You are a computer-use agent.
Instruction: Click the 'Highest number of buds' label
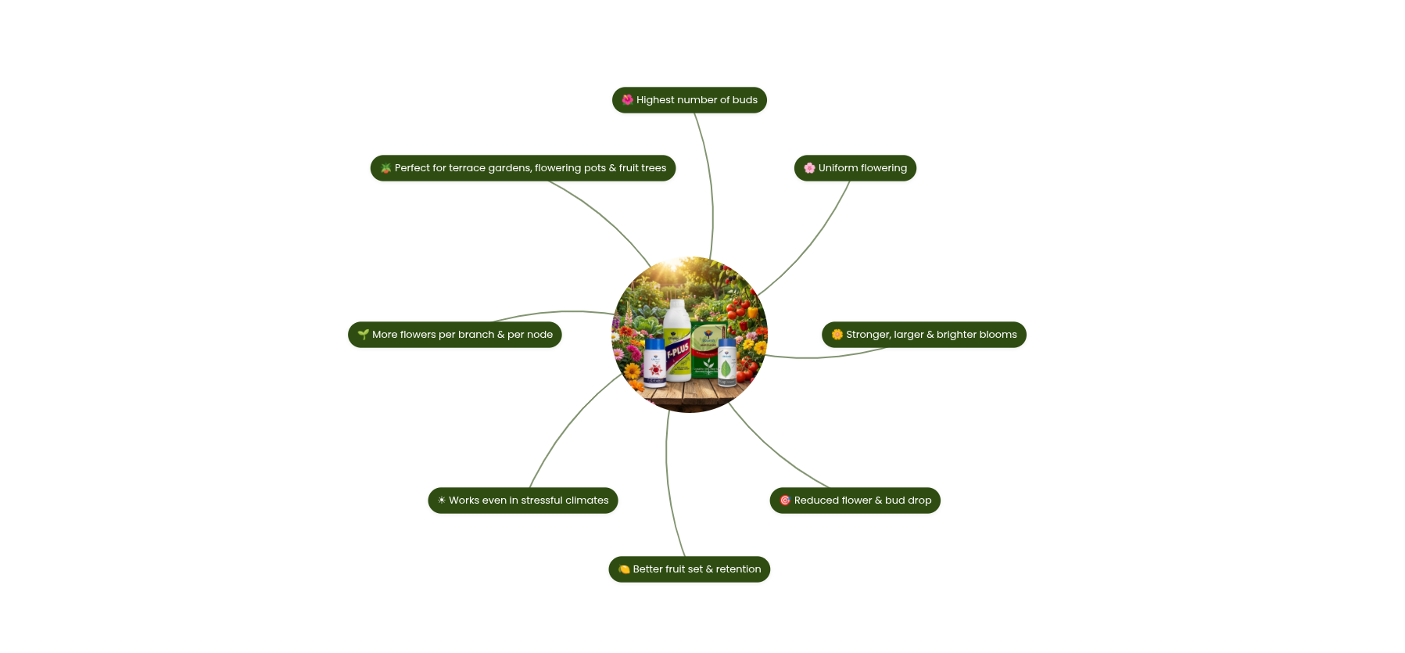tap(689, 100)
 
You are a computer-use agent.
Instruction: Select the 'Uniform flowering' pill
tap(855, 168)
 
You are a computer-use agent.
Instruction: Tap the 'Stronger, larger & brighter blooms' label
tap(923, 335)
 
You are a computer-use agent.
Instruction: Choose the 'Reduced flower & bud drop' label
tap(855, 501)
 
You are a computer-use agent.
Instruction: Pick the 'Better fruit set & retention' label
tap(689, 569)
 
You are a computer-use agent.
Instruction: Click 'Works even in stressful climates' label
tap(522, 501)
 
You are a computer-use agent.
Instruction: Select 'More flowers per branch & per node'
tap(454, 335)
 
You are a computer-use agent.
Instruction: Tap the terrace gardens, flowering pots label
tap(522, 168)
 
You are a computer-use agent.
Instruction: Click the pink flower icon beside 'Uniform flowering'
tap(809, 168)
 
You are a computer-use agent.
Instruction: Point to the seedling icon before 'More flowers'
tap(363, 335)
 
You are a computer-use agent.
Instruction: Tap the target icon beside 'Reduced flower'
tap(785, 501)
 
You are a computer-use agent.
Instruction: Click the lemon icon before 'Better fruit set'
tap(624, 569)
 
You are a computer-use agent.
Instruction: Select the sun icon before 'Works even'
tap(442, 501)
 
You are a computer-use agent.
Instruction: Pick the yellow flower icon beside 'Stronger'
tap(837, 335)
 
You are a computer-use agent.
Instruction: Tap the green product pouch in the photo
tap(708, 348)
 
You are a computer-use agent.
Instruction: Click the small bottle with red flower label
tap(654, 363)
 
